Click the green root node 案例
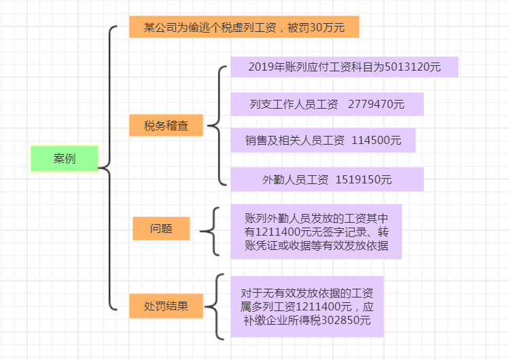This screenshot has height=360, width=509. [65, 159]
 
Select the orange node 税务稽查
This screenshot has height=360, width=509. [166, 126]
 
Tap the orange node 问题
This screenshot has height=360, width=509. [161, 229]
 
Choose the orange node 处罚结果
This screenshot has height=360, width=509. [166, 306]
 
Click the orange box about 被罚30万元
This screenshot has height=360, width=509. [244, 28]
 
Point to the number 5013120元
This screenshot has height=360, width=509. [413, 67]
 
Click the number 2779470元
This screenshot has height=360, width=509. [376, 105]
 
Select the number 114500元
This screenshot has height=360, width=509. [376, 141]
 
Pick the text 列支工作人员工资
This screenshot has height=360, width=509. [294, 105]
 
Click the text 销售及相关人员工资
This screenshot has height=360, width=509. [296, 141]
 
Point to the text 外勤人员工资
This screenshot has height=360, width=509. [296, 179]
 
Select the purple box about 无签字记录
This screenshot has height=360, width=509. [316, 232]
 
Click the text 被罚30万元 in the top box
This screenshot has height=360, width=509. [317, 28]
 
